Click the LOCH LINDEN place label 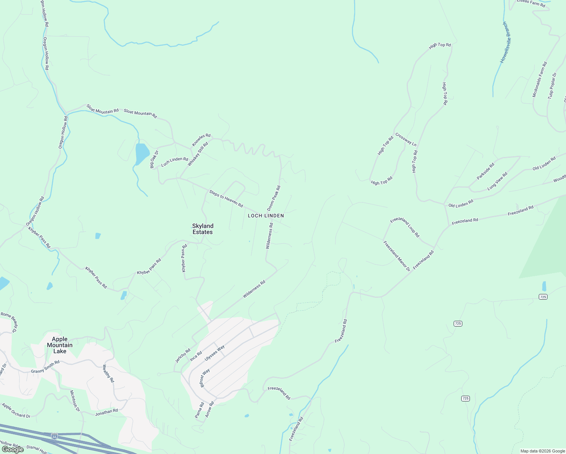pos(266,216)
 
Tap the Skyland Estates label pos(203,229)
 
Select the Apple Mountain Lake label pos(60,345)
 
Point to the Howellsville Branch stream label pos(506,42)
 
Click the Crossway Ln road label pos(406,139)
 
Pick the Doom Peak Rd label pos(274,198)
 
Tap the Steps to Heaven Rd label pos(226,199)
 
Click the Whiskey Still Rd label pos(198,154)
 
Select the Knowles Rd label pos(201,140)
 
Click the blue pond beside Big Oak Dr pos(141,153)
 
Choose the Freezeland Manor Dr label pos(397,256)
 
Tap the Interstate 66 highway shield pos(55,436)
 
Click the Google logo pos(13,449)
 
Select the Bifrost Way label pos(204,378)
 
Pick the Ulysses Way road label pos(215,353)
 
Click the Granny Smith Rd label pos(45,367)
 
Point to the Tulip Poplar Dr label pos(552,86)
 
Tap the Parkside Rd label pos(485,171)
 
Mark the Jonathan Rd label pos(106,412)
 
